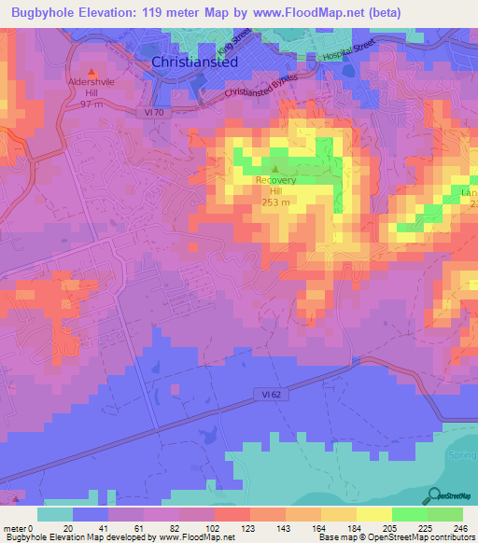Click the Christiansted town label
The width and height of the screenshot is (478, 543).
click(x=195, y=61)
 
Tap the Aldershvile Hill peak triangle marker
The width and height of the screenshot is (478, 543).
click(x=91, y=72)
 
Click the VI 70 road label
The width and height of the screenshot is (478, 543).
click(x=154, y=111)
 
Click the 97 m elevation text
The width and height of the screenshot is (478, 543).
click(x=91, y=105)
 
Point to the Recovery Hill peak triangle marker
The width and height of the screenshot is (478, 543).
click(x=274, y=169)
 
